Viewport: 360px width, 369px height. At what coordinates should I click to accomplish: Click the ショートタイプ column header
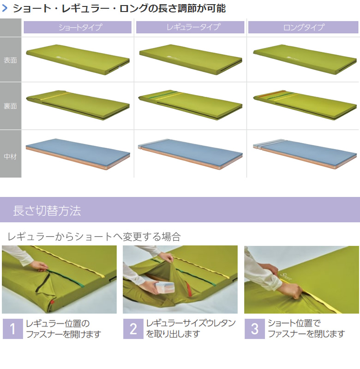[78, 27]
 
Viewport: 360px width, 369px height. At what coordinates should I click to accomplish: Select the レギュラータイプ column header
[190, 27]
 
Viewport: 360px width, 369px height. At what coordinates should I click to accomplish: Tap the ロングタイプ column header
[303, 27]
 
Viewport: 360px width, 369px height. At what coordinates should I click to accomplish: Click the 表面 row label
[10, 60]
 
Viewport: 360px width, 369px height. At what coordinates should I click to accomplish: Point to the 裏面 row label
[10, 106]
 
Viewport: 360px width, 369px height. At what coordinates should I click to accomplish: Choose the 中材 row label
[10, 156]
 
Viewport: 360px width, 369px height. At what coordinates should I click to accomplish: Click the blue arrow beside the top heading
[5, 8]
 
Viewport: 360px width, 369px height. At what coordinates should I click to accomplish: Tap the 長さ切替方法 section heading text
[47, 210]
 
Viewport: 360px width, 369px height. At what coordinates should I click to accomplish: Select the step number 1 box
[13, 329]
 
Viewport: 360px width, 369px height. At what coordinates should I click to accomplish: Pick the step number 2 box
[133, 329]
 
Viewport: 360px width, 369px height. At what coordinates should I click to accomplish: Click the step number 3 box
[255, 329]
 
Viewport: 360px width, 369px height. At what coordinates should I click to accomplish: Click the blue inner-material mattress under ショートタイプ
[78, 154]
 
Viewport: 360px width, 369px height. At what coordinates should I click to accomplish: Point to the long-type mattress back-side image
[305, 105]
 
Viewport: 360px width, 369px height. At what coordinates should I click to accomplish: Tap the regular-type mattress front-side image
[191, 60]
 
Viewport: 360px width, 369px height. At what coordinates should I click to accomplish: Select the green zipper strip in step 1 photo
[66, 279]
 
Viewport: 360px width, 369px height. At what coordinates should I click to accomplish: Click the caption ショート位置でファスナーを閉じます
[306, 328]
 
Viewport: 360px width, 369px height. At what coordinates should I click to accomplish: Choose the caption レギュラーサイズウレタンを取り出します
[191, 328]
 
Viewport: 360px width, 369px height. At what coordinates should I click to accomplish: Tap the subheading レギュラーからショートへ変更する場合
[94, 237]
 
